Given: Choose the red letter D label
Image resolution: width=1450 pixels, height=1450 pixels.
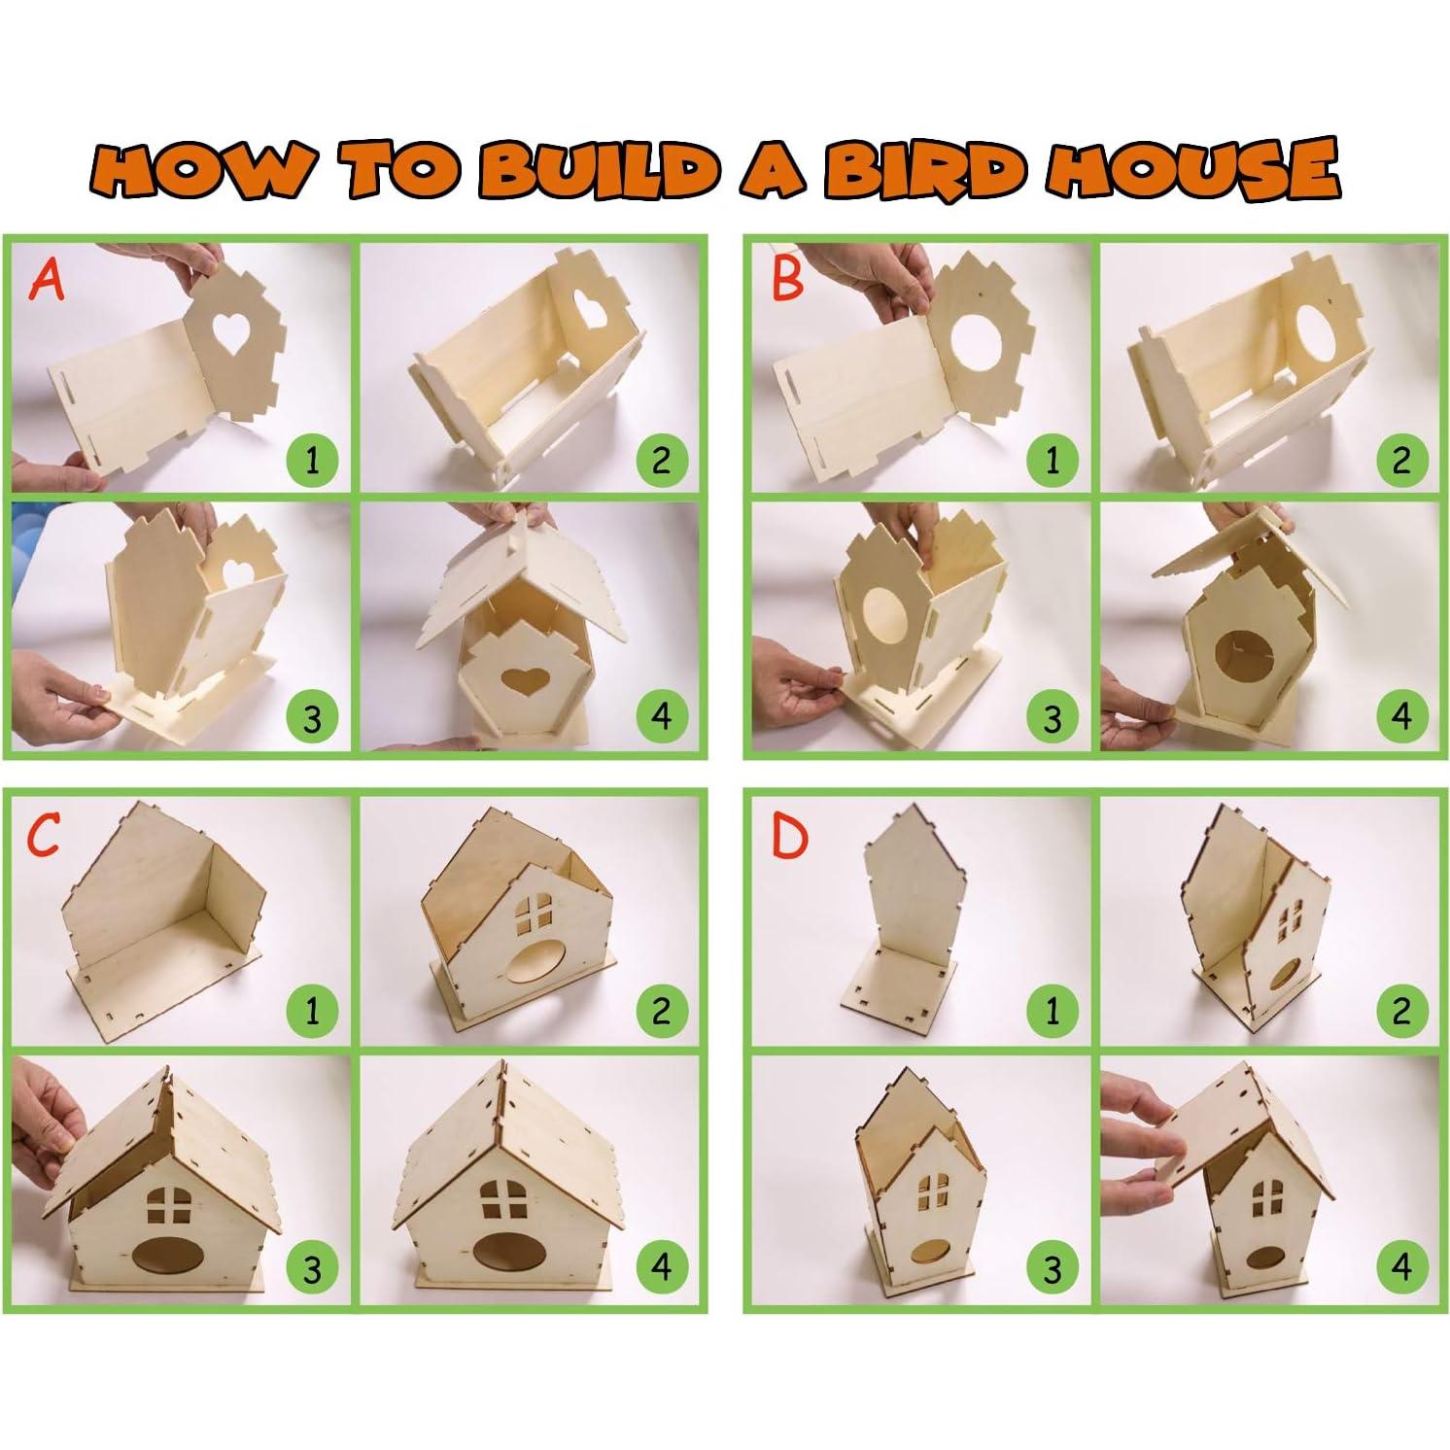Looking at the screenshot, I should coord(788,836).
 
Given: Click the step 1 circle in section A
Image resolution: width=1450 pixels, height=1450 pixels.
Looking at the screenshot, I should coord(312,459).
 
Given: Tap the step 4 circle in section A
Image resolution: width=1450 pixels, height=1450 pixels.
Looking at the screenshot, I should coord(662,717).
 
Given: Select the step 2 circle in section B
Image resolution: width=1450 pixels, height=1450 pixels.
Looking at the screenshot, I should coord(1401,459).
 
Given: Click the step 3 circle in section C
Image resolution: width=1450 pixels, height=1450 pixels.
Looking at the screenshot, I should coord(312,1269).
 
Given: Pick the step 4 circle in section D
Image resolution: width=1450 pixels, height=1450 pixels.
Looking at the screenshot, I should coord(1401,1269).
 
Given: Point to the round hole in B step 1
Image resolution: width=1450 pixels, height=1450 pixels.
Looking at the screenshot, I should coord(982,345).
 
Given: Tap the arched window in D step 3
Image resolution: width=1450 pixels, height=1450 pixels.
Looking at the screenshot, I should coord(934,1192).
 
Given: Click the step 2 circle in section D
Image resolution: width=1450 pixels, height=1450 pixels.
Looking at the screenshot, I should coord(1401,1011).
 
